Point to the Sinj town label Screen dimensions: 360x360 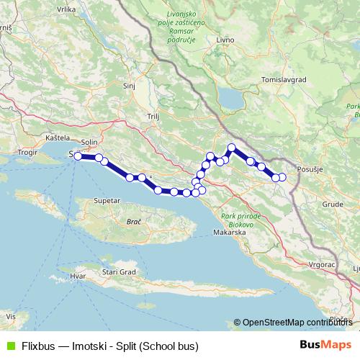(x=130, y=85)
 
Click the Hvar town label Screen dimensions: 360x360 (x=77, y=276)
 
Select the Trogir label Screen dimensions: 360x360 (x=27, y=153)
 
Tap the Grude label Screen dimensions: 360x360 (x=332, y=204)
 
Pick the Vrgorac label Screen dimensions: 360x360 (x=321, y=265)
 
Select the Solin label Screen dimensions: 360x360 (x=89, y=143)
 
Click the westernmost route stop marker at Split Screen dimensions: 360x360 (x=77, y=155)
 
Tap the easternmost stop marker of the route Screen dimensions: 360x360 (x=282, y=177)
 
